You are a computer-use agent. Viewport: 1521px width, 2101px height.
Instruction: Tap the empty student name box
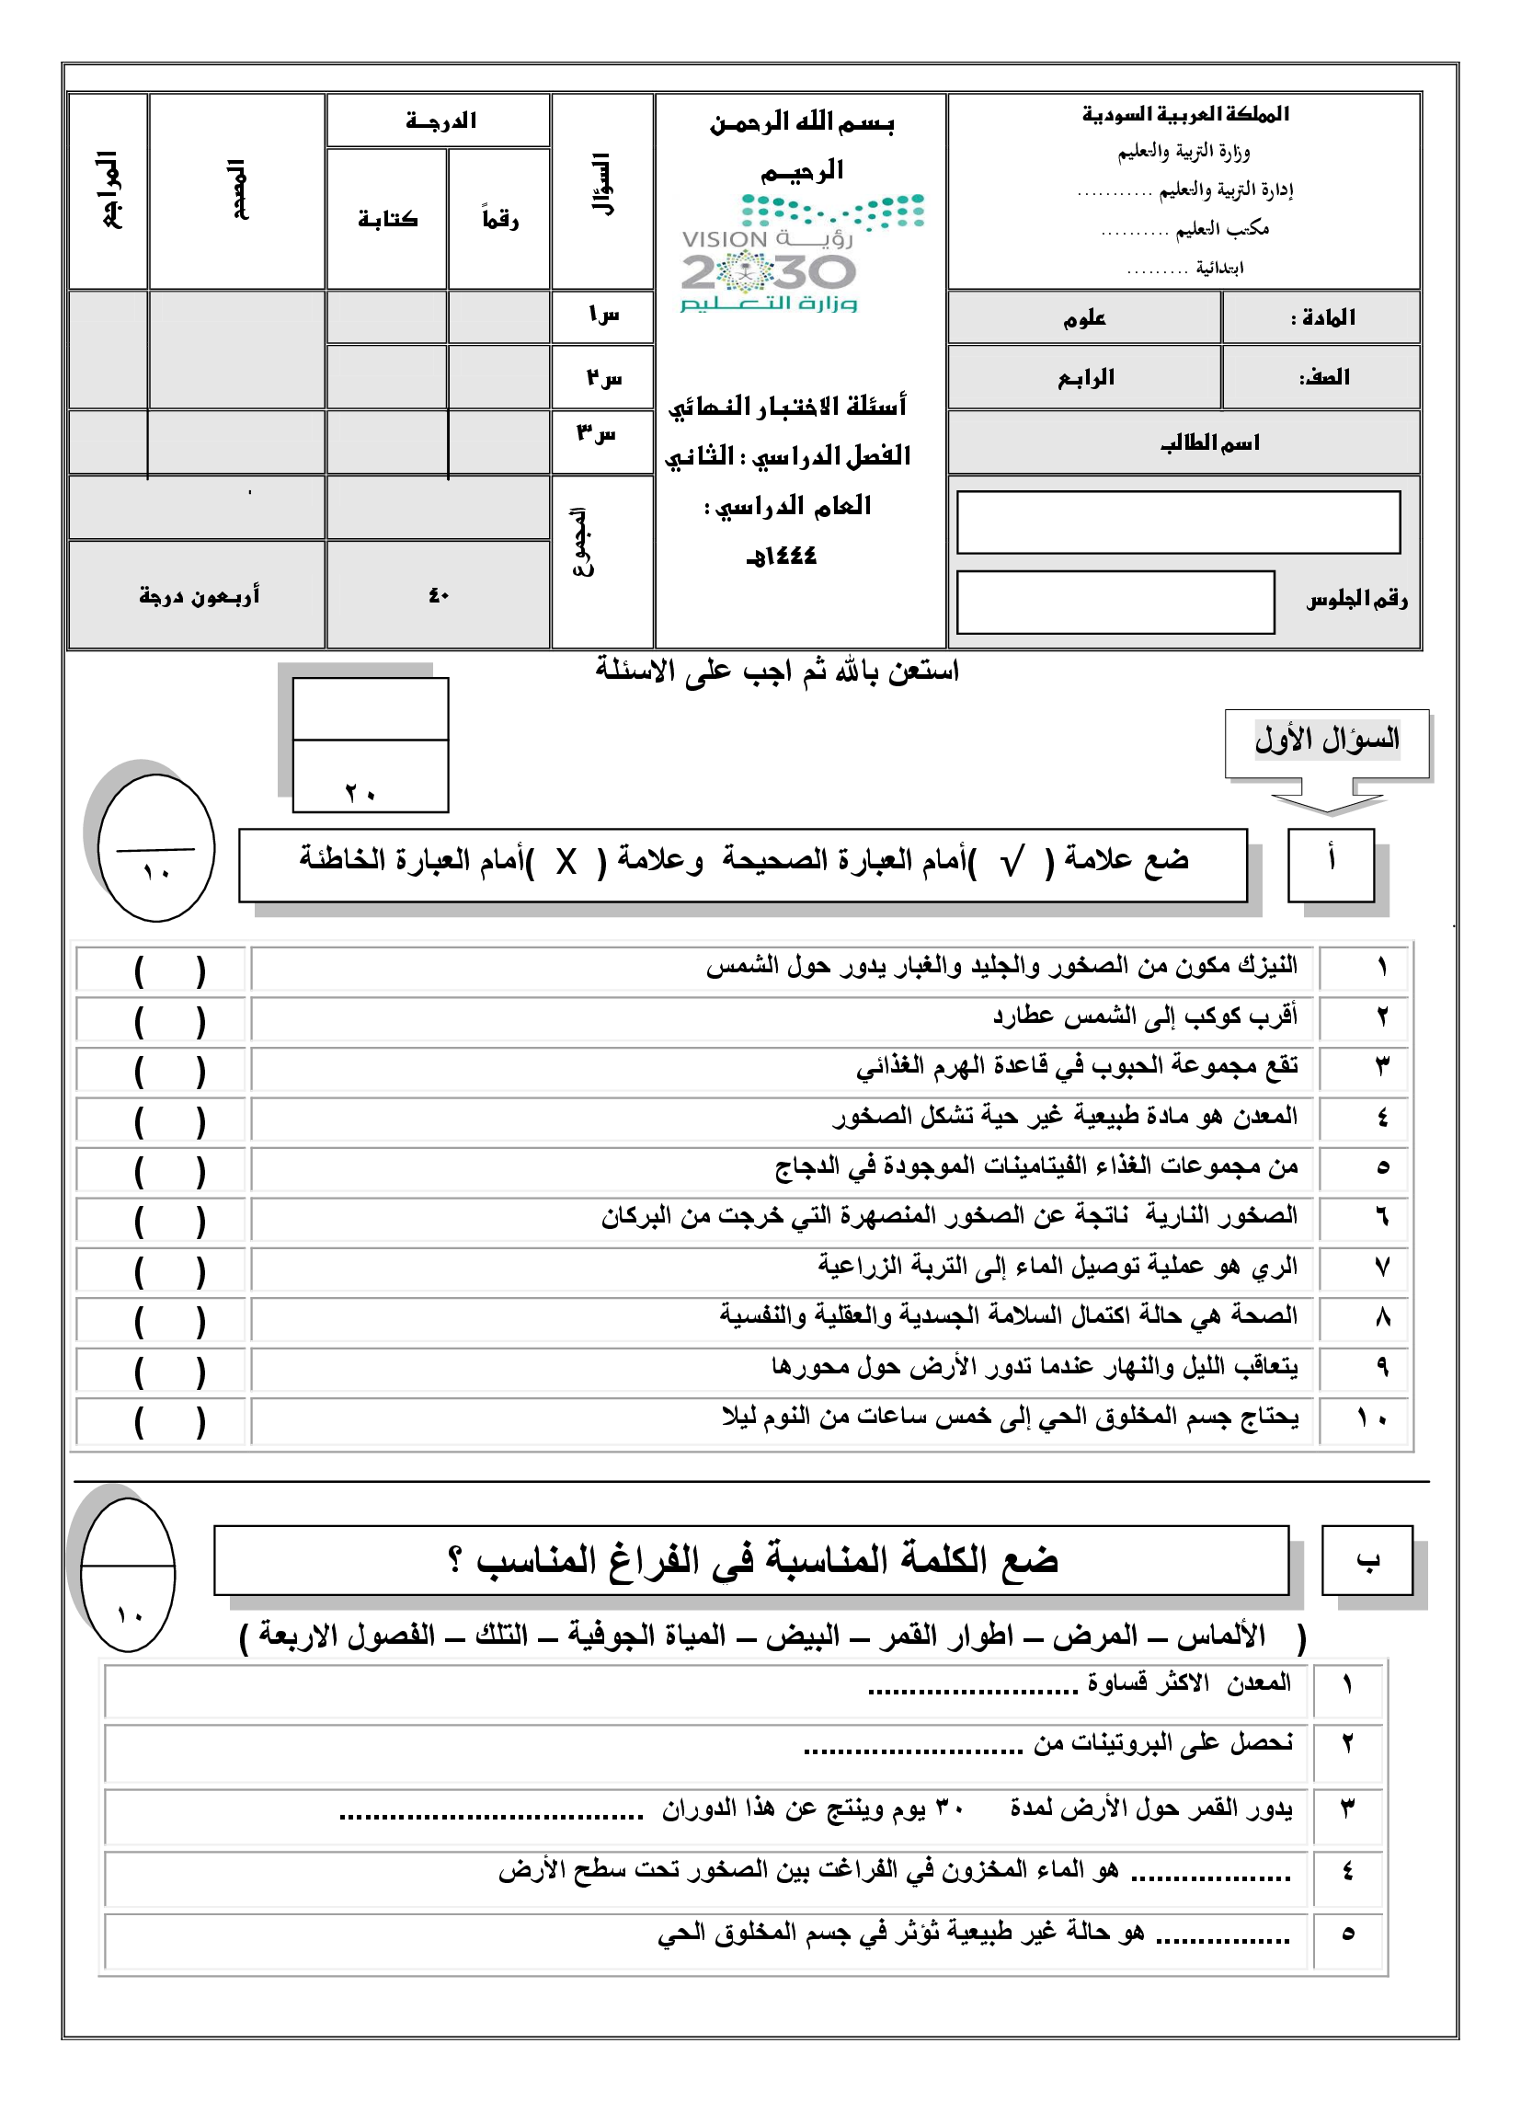point(1177,522)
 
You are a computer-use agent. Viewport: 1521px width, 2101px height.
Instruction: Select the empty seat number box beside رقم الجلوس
point(1115,603)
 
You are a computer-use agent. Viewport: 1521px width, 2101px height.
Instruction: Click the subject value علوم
point(1085,318)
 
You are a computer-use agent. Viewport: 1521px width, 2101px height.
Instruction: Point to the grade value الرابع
point(1086,378)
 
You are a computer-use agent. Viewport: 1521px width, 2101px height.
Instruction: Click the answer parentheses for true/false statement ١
point(169,970)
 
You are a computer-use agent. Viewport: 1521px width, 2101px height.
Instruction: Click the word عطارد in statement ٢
point(1023,1016)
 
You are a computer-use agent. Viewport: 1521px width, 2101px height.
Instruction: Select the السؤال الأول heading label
point(1326,740)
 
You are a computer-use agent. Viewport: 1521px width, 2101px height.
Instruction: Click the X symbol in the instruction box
point(566,863)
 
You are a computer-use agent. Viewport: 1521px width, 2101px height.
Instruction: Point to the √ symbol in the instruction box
point(1012,863)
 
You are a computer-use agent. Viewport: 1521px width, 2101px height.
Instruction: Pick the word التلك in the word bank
point(501,1636)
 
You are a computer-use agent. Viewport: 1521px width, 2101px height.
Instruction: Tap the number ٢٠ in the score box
point(360,793)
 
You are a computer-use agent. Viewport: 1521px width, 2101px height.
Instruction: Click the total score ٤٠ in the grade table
point(438,596)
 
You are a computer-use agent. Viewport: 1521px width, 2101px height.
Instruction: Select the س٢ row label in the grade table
point(603,378)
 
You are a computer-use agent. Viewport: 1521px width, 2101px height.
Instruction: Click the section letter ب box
point(1367,1561)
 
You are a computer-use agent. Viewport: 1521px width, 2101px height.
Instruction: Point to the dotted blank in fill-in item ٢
point(912,1751)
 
